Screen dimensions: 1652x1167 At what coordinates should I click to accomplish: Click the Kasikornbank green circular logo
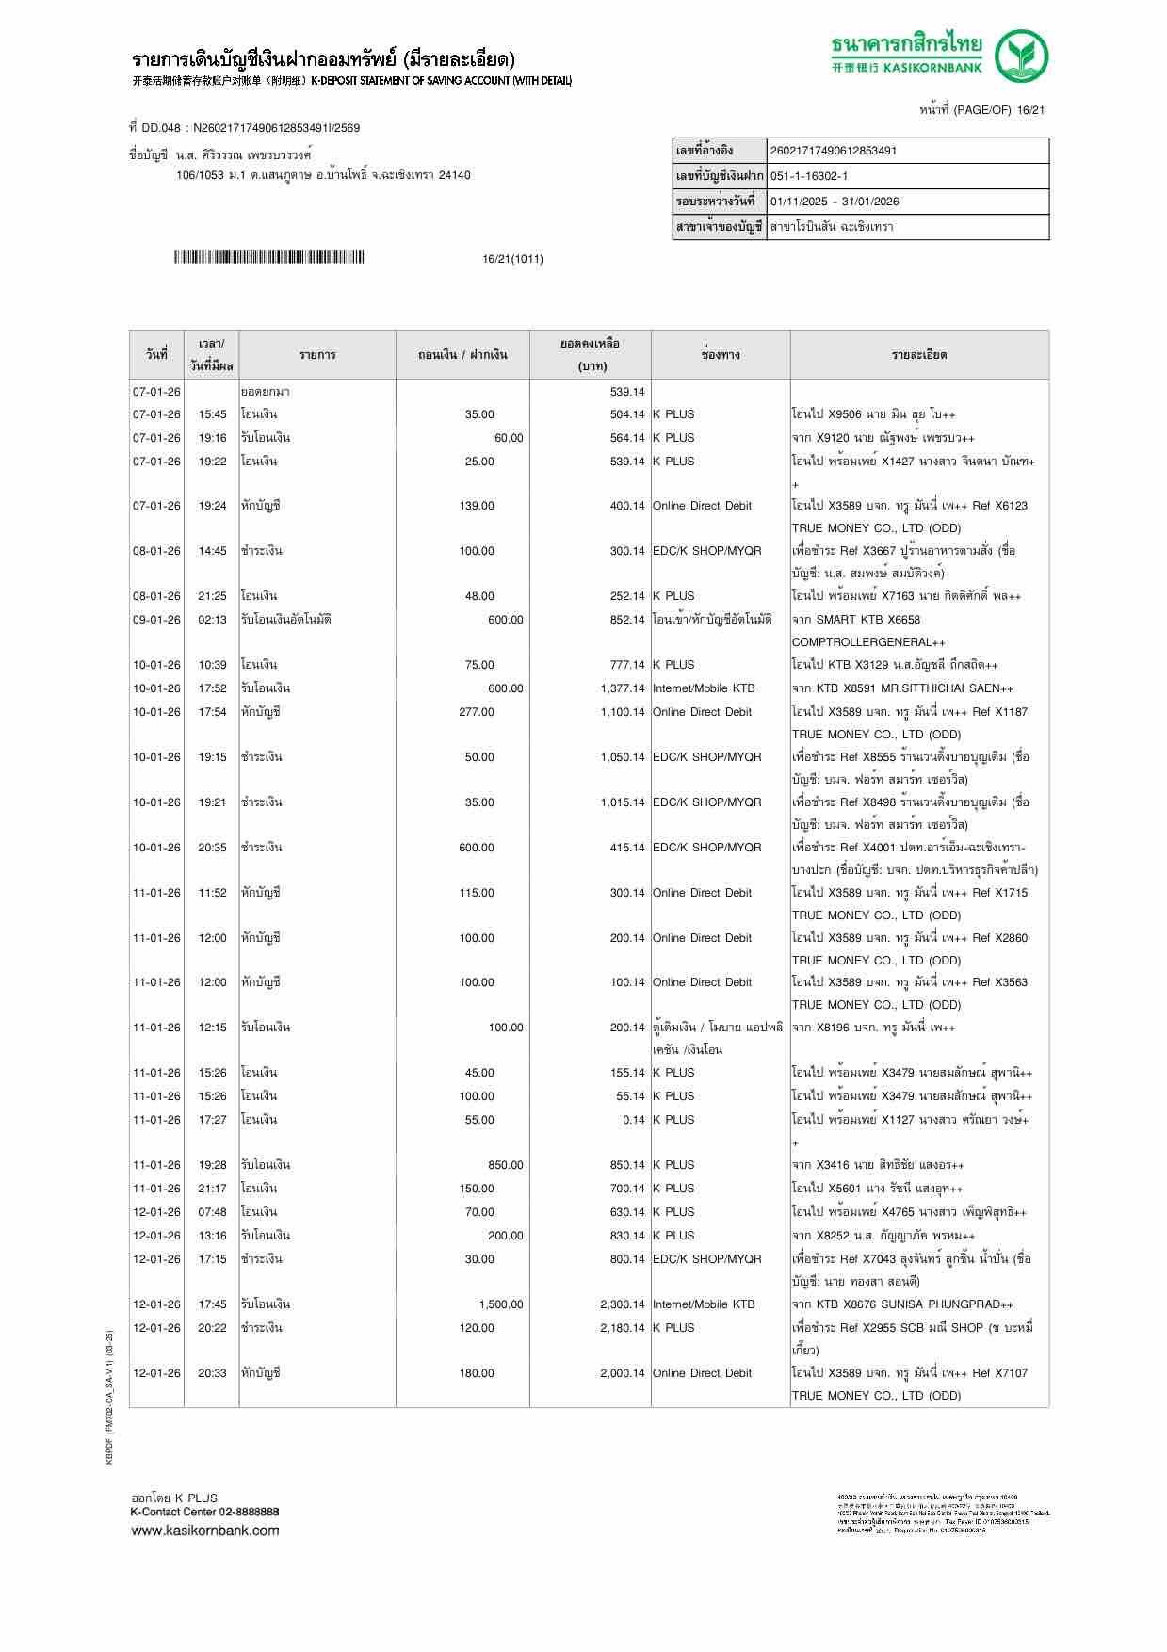click(1023, 57)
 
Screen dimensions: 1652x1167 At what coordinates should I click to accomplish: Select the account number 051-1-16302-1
click(809, 176)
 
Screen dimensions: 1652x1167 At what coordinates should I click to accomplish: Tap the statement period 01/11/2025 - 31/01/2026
click(834, 202)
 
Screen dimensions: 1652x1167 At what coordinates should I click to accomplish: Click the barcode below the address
click(268, 257)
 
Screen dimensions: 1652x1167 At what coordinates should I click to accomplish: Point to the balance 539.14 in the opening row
click(627, 392)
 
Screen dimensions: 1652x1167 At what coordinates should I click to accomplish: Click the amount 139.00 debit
click(477, 506)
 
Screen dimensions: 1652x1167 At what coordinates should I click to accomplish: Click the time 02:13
click(212, 620)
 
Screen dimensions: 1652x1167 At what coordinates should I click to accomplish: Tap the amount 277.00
click(477, 712)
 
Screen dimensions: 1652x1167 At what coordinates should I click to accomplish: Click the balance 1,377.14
click(623, 688)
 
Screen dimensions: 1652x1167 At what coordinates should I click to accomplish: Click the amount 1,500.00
click(500, 1304)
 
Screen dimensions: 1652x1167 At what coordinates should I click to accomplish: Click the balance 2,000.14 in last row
click(623, 1373)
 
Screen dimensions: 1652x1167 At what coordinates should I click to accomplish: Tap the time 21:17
click(212, 1189)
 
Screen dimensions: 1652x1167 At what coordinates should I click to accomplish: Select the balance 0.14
click(634, 1120)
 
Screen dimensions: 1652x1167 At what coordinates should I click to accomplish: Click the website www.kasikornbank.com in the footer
click(205, 1530)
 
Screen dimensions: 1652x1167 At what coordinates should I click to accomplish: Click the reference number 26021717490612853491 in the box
click(834, 151)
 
